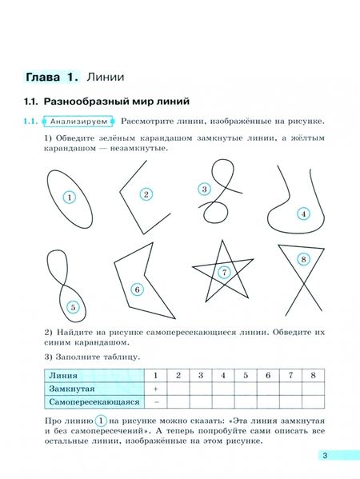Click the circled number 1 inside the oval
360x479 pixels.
pyautogui.click(x=70, y=197)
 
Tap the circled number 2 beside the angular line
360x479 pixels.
pyautogui.click(x=146, y=194)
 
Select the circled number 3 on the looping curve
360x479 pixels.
pyautogui.click(x=204, y=190)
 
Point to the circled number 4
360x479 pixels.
pyautogui.click(x=303, y=214)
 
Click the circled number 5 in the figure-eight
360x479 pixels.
pyautogui.click(x=73, y=305)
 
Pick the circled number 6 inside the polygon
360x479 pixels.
pyautogui.click(x=137, y=289)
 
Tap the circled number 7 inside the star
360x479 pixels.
pyautogui.click(x=225, y=273)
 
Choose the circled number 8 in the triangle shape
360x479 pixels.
pyautogui.click(x=302, y=259)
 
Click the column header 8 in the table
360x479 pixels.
pyautogui.click(x=313, y=374)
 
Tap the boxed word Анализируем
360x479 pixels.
pyautogui.click(x=77, y=122)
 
